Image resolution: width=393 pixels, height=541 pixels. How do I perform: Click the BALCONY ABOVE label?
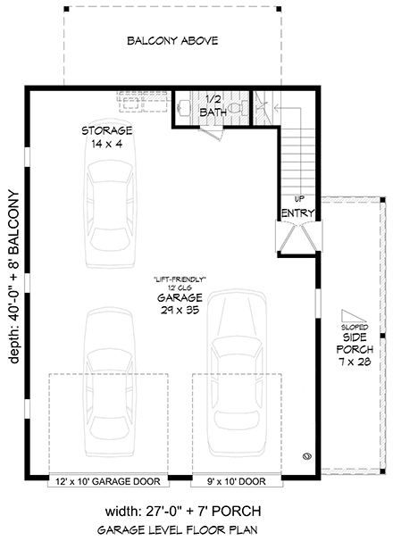click(172, 41)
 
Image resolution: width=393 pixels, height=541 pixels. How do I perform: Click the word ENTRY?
click(296, 213)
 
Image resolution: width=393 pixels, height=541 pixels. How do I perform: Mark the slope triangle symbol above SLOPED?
click(351, 314)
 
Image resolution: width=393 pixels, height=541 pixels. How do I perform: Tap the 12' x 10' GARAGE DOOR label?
click(107, 481)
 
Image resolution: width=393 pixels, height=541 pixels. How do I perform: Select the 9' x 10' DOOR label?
click(230, 481)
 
